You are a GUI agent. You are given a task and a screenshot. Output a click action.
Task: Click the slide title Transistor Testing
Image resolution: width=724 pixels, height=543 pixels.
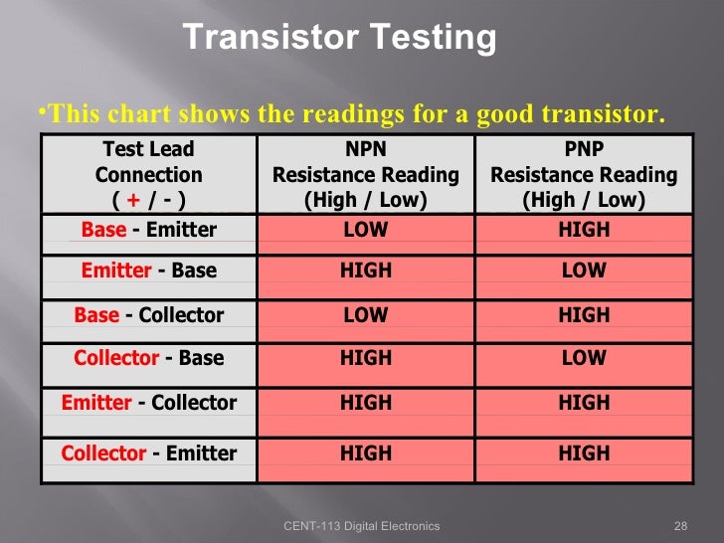click(x=339, y=38)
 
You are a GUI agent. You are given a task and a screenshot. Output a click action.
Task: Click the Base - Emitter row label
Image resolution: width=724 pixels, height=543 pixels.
click(x=148, y=230)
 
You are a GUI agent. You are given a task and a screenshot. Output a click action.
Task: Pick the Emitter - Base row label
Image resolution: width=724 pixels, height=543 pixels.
click(x=148, y=271)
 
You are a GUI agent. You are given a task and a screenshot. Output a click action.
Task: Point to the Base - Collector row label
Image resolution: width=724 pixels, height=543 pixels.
click(x=148, y=315)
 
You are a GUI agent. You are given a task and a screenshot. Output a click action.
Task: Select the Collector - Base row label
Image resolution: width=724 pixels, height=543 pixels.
click(x=148, y=358)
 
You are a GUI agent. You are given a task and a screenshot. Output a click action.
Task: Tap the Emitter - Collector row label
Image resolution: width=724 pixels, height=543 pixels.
click(x=148, y=403)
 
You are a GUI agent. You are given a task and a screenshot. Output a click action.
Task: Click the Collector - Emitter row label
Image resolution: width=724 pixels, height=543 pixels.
click(x=148, y=453)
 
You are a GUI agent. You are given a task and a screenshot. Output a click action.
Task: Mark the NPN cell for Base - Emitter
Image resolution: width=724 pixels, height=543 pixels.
click(x=366, y=230)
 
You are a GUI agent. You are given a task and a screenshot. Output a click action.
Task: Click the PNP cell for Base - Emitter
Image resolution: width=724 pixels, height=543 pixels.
click(x=584, y=230)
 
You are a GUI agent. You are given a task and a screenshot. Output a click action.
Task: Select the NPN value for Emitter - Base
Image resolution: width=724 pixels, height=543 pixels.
click(x=366, y=271)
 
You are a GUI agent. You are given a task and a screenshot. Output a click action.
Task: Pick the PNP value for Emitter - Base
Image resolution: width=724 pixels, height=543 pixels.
click(x=584, y=271)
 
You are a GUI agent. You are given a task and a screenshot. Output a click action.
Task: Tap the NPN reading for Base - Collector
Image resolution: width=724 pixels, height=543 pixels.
click(x=366, y=315)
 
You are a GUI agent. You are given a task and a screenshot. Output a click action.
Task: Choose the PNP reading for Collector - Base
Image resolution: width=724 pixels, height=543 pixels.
click(x=584, y=358)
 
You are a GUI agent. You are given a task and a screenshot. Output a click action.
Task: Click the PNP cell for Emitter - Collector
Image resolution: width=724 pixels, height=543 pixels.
click(x=584, y=403)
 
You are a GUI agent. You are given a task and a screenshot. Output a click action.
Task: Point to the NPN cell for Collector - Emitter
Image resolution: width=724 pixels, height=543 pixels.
click(x=366, y=453)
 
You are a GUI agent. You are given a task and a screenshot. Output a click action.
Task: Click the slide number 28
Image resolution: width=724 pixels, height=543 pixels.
click(x=681, y=526)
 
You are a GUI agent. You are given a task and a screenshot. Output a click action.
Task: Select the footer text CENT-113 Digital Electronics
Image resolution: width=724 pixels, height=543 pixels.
click(x=361, y=526)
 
